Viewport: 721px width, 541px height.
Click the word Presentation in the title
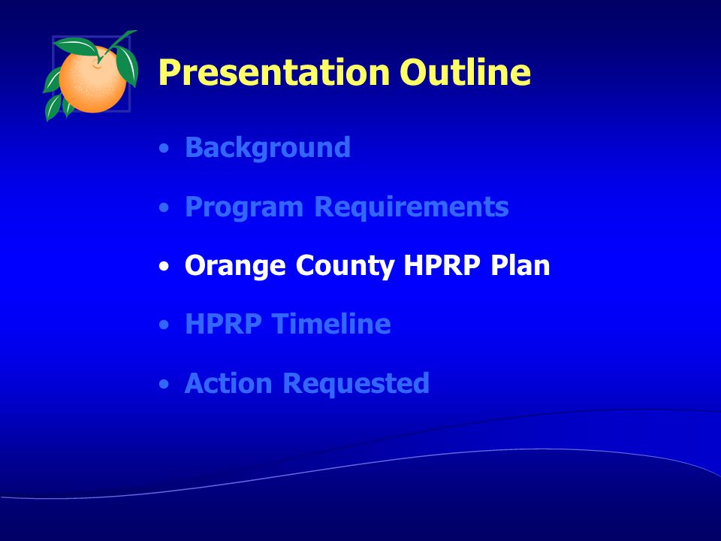(274, 73)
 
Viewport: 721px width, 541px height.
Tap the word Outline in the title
(465, 71)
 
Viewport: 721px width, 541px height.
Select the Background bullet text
(267, 148)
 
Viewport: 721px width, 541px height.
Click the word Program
(243, 207)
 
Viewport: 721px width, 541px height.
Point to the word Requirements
(412, 207)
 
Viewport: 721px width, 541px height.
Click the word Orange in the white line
(235, 266)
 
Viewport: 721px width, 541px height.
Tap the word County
(345, 266)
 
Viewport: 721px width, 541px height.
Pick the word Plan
(520, 265)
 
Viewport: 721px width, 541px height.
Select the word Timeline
(331, 323)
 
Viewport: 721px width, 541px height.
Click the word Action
(228, 382)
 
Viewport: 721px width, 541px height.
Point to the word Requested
(356, 384)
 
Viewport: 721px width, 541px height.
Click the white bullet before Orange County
(164, 266)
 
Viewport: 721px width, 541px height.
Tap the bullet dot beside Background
(164, 148)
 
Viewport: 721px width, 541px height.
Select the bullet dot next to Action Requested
(164, 384)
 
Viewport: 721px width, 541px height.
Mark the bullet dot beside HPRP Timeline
(164, 325)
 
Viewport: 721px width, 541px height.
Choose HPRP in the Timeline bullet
(223, 323)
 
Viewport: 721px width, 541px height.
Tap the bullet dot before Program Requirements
(164, 207)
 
